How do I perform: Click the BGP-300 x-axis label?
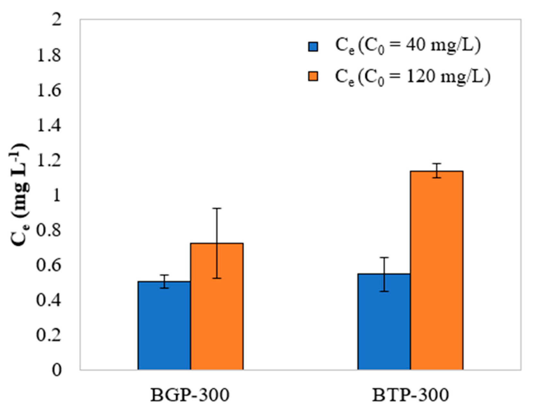(190, 395)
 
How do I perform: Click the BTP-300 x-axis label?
(410, 395)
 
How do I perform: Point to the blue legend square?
(313, 47)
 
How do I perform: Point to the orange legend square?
(313, 76)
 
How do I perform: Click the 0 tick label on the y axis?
(57, 370)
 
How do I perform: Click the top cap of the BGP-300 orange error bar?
(217, 208)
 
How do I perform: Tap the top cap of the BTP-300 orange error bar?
(436, 164)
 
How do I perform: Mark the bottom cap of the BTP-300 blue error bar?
(384, 291)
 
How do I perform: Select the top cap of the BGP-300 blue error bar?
(164, 275)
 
